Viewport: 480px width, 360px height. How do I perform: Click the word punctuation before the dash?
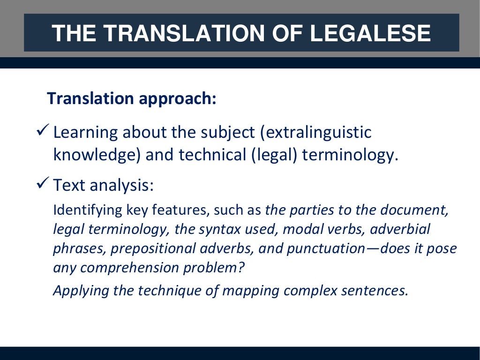323,249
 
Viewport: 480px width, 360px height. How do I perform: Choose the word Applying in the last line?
78,291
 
